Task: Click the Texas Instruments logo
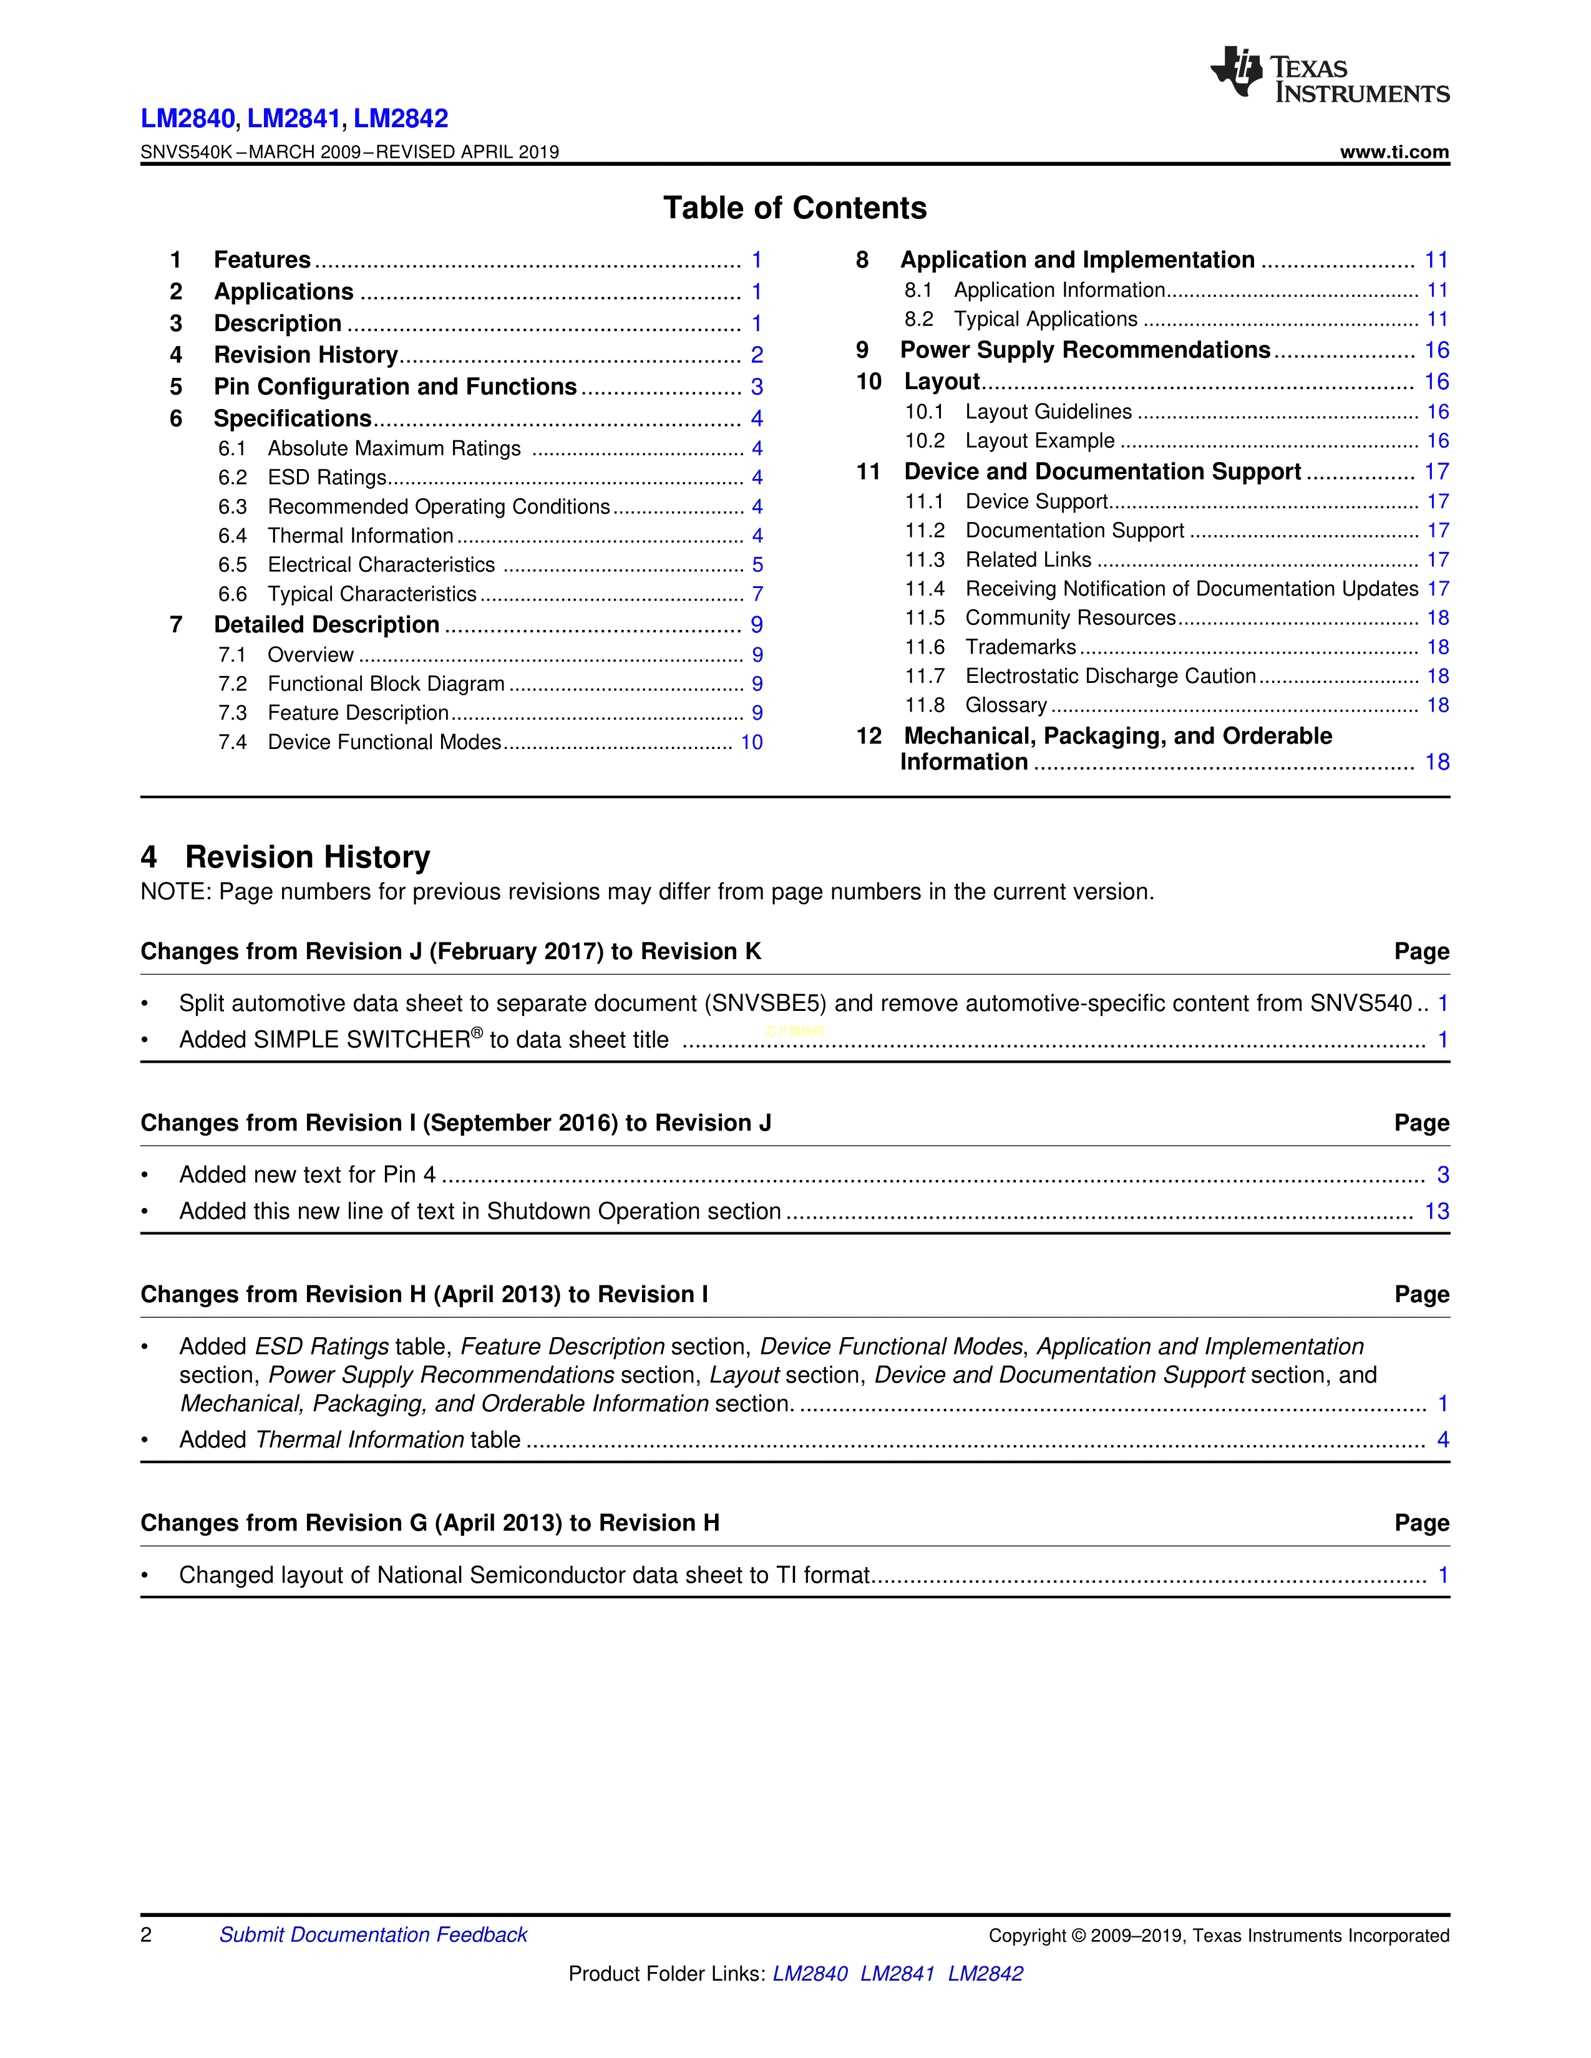click(1329, 74)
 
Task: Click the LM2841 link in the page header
click(293, 118)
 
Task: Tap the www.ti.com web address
click(1394, 152)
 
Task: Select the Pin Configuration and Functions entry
click(395, 387)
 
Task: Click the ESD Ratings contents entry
click(327, 478)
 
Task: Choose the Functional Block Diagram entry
click(386, 684)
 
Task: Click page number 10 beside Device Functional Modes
click(751, 743)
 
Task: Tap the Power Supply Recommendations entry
click(1085, 350)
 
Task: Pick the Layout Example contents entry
click(1039, 441)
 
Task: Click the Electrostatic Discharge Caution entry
click(1111, 677)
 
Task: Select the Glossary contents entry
click(1006, 706)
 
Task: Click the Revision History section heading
click(307, 856)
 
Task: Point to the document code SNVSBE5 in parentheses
click(768, 1003)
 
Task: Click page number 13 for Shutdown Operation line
click(1436, 1212)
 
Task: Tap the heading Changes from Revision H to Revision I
click(424, 1295)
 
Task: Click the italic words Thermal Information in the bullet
click(360, 1440)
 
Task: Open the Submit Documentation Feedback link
click(373, 1935)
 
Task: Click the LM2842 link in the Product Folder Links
click(985, 1973)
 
